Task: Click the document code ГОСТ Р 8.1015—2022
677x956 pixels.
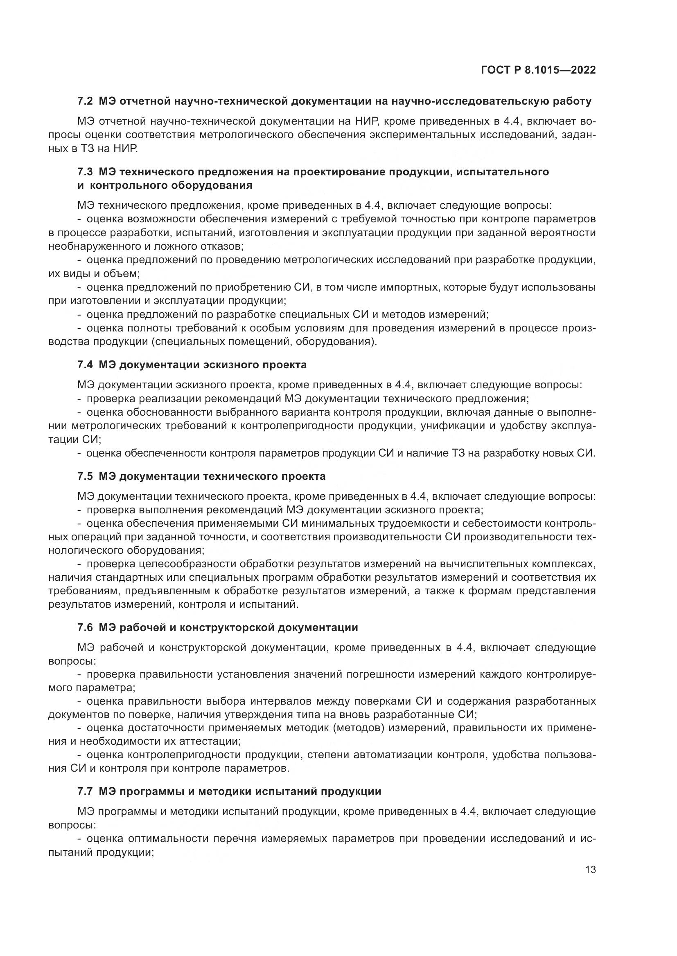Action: pyautogui.click(x=538, y=70)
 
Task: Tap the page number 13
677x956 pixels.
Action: pyautogui.click(x=590, y=869)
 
